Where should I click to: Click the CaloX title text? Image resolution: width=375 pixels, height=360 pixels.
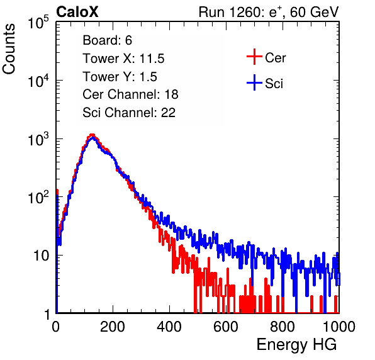coord(77,12)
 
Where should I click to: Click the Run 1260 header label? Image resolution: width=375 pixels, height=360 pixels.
coord(269,12)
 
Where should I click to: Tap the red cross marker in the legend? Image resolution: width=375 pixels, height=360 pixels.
coord(254,57)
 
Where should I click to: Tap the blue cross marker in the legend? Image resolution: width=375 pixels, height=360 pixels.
coord(254,82)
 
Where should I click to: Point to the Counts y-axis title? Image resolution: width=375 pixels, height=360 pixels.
coord(9,49)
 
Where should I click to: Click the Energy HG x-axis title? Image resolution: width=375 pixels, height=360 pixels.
coord(296,345)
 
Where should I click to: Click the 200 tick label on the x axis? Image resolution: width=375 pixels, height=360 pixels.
coord(113,327)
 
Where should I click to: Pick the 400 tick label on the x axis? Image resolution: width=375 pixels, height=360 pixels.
coord(169,327)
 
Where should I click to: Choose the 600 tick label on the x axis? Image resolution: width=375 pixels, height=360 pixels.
coord(226,327)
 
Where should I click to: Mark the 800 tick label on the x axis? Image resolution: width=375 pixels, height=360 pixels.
coord(283,327)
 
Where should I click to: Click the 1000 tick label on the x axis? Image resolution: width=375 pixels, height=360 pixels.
coord(339,327)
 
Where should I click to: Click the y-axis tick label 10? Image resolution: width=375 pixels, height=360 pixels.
coord(41,256)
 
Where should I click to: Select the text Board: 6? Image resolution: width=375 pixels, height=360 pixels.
coord(107,40)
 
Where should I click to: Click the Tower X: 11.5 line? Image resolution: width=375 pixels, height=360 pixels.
coord(123,59)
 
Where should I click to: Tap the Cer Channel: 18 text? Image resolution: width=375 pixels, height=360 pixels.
coord(130,94)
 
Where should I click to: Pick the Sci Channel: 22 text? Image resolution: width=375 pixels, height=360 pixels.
coord(129,113)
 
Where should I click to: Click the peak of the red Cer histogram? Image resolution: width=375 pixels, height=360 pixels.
coord(92,135)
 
